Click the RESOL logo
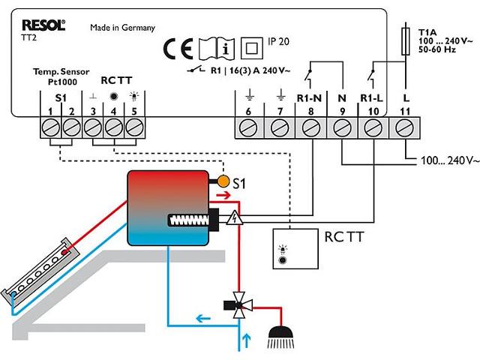(43, 25)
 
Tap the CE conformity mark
(178, 48)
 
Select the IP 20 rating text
(278, 41)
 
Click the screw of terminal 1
(50, 127)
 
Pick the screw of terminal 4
(113, 127)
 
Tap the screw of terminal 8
(311, 128)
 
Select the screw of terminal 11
(405, 128)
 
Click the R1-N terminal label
(310, 98)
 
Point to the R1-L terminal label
(371, 98)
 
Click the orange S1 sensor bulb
(223, 181)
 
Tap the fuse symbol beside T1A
(406, 41)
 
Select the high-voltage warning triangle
(235, 217)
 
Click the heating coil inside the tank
(189, 220)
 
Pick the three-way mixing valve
(238, 305)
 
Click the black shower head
(280, 337)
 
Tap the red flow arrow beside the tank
(223, 195)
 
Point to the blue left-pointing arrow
(203, 319)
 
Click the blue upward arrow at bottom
(247, 340)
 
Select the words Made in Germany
(123, 28)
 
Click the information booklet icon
(217, 48)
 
